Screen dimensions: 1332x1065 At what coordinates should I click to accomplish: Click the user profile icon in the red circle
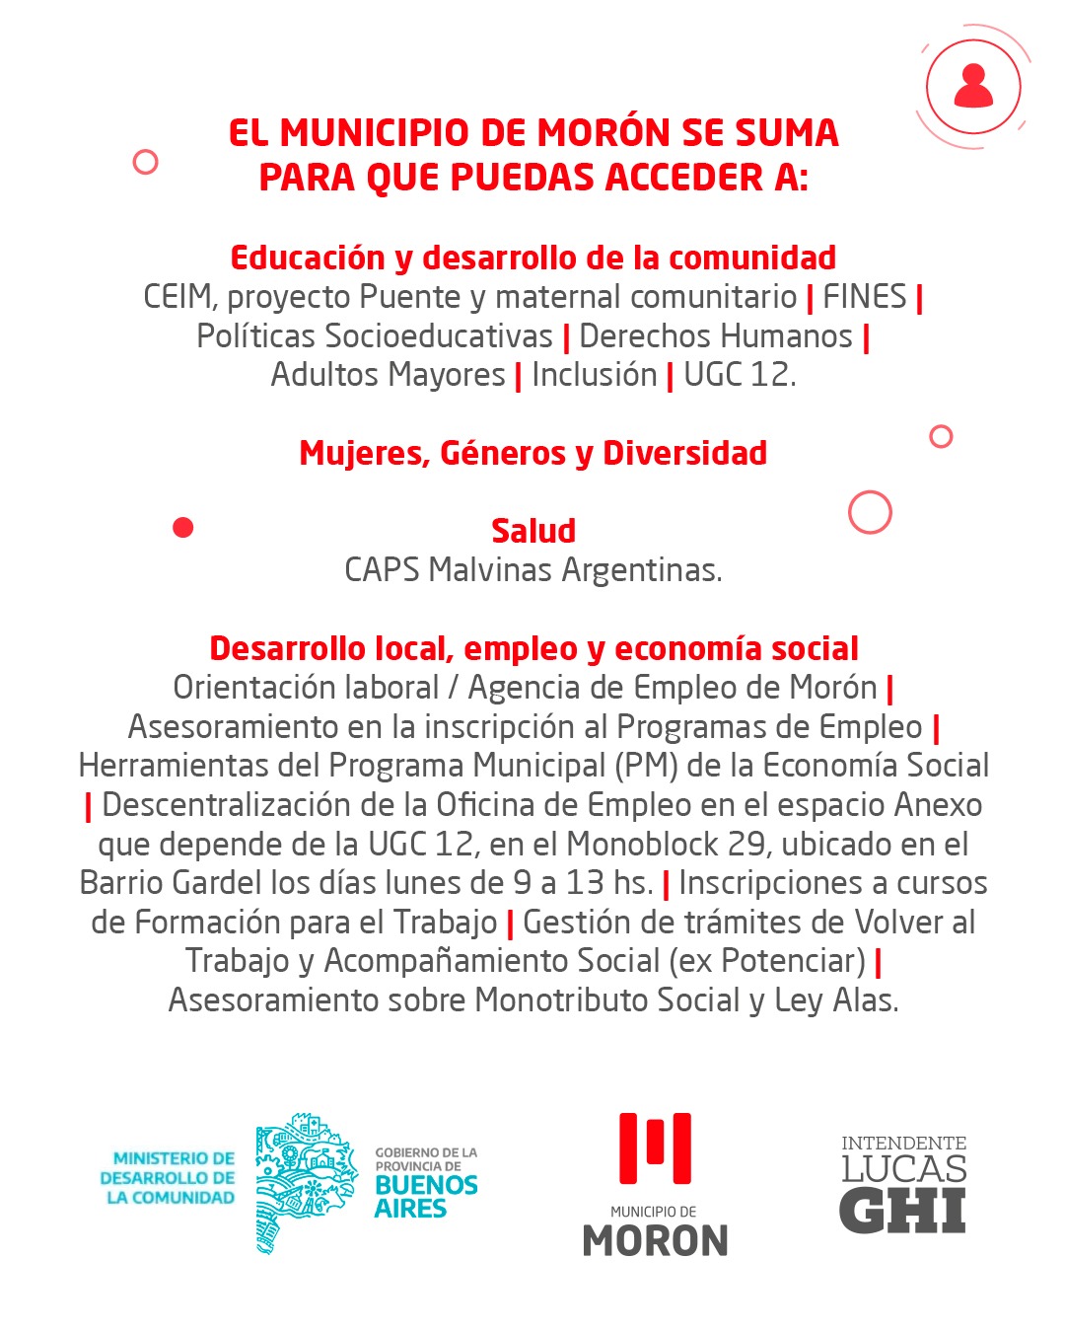pyautogui.click(x=973, y=87)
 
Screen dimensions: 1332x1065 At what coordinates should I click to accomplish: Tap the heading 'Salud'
pyautogui.click(x=533, y=531)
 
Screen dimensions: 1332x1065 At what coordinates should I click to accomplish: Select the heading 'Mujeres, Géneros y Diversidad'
pyautogui.click(x=532, y=453)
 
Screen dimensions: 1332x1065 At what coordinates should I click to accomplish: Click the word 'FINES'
pyautogui.click(x=864, y=297)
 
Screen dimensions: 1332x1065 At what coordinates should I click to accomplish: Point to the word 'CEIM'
pyautogui.click(x=177, y=297)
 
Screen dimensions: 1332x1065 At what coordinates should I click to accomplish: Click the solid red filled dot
pyautogui.click(x=182, y=528)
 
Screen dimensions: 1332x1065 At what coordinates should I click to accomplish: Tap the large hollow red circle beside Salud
pyautogui.click(x=870, y=512)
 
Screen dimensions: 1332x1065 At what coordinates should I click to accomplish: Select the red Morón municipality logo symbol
pyautogui.click(x=655, y=1148)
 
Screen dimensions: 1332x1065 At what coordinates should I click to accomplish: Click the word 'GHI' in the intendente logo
pyautogui.click(x=902, y=1211)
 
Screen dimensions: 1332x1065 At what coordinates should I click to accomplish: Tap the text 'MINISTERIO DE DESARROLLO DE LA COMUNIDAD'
pyautogui.click(x=169, y=1178)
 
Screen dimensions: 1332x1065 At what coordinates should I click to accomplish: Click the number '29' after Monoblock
pyautogui.click(x=746, y=845)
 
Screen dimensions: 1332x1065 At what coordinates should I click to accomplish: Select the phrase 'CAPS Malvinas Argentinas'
pyautogui.click(x=532, y=570)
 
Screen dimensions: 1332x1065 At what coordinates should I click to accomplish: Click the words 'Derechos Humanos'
pyautogui.click(x=715, y=336)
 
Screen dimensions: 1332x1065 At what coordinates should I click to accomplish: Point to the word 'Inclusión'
pyautogui.click(x=594, y=375)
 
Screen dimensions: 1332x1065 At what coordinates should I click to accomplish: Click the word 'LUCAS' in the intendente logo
pyautogui.click(x=903, y=1169)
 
